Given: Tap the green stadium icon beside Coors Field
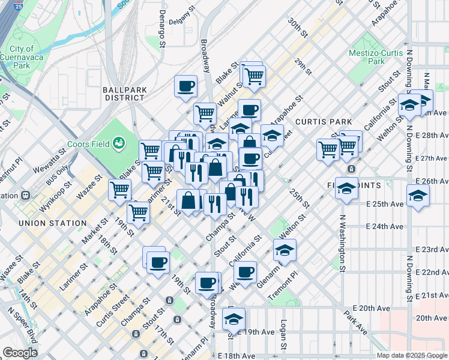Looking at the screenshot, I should [x=120, y=143].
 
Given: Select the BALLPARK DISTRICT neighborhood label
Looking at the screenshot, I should [x=125, y=93].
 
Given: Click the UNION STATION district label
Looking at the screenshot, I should [x=52, y=223].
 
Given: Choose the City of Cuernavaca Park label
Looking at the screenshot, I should [x=23, y=55].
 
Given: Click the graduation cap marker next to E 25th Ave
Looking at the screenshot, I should [x=418, y=195].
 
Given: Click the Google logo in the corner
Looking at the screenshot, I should [x=20, y=352].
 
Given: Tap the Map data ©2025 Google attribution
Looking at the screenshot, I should [x=411, y=355].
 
